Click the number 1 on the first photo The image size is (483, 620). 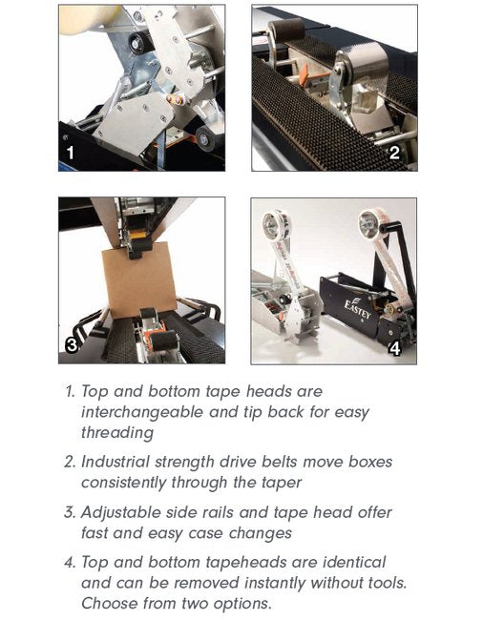point(71,153)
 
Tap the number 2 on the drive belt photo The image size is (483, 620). point(394,153)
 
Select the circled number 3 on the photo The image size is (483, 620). point(72,345)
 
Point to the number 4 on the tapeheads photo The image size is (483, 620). point(395,348)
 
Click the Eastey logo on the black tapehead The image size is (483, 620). point(357,309)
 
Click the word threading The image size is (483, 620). point(117,433)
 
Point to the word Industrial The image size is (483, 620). point(115,462)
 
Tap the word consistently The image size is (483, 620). point(123,483)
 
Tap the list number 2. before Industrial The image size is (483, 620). point(70,463)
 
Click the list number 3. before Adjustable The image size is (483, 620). point(70,513)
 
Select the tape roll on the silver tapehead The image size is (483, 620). point(277,224)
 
